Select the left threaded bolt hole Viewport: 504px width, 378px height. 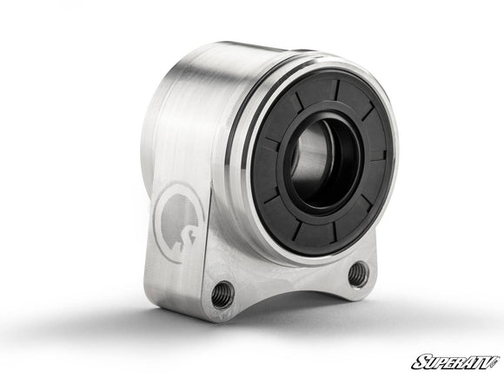(x=222, y=295)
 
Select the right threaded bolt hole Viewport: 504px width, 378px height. (x=358, y=275)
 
